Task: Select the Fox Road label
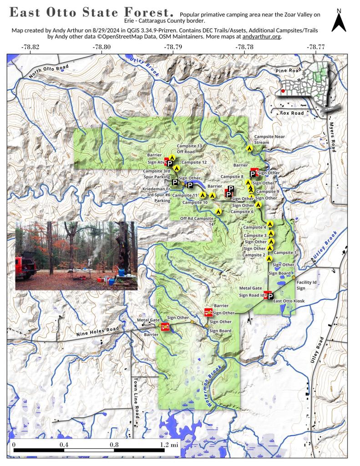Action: tap(291, 112)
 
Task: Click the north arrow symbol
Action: tap(338, 22)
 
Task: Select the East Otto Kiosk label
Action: tap(288, 301)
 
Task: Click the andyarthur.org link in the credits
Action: tap(263, 36)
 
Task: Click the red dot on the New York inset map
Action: tap(284, 91)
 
